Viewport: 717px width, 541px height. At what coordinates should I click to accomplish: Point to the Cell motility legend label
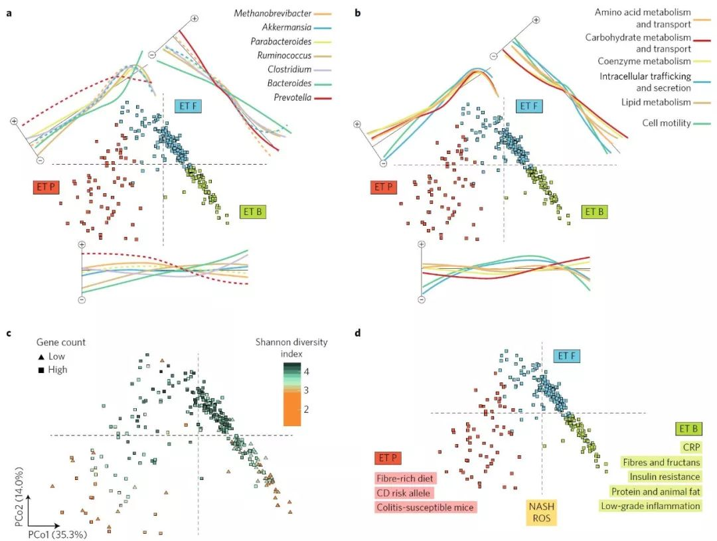click(667, 123)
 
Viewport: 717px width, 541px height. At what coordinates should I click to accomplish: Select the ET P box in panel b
click(383, 187)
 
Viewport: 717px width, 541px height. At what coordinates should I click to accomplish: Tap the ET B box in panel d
click(688, 429)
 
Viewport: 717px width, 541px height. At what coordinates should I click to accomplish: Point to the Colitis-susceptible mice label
click(426, 507)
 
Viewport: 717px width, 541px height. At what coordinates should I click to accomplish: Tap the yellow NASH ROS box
click(542, 513)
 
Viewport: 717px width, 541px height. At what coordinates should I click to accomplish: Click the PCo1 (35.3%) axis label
click(56, 532)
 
